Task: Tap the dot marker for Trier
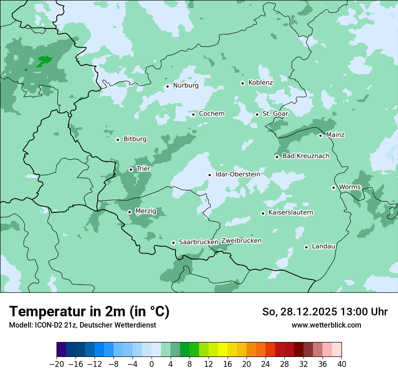pos(131,169)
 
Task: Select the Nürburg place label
pos(185,85)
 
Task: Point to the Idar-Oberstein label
pos(237,174)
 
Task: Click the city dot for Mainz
pos(320,136)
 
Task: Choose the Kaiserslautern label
pos(291,212)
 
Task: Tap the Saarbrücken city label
pos(199,242)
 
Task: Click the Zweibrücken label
pos(241,241)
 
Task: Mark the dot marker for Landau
pos(306,247)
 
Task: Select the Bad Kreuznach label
pos(306,156)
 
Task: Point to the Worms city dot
pos(333,187)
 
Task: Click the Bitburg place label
pos(135,139)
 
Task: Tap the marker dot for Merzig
pos(129,212)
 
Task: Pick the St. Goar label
pos(275,114)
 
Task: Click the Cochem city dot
pos(193,114)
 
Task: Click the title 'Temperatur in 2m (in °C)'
pos(89,312)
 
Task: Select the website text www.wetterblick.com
pos(326,325)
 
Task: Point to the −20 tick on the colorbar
pos(57,364)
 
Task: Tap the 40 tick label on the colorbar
pos(341,364)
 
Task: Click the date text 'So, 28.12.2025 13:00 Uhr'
pos(325,312)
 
